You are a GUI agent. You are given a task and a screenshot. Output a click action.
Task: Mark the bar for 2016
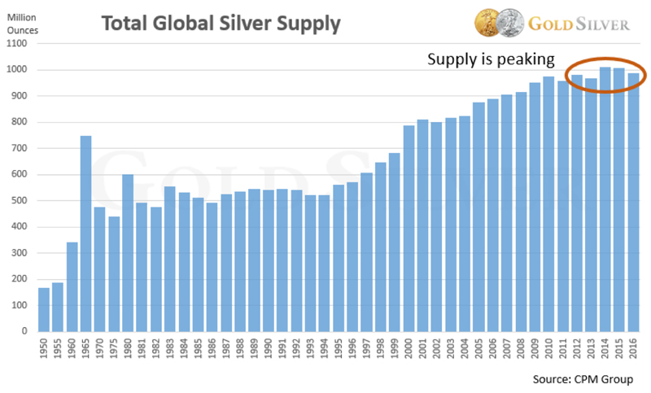[633, 203]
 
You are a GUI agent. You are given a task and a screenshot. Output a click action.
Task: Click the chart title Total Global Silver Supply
[220, 24]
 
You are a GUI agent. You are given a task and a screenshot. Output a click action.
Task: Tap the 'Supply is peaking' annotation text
[492, 59]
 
